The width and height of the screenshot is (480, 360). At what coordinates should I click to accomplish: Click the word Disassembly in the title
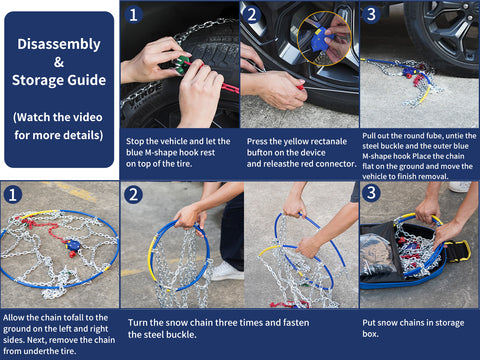coord(59,45)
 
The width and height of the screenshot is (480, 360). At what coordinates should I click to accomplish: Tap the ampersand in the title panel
coord(59,62)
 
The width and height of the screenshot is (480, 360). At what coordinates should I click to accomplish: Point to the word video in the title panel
coord(86,117)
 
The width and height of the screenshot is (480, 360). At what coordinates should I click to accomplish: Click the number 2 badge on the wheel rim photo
coord(252,14)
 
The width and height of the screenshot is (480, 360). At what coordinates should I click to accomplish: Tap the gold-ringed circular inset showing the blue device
coord(324,38)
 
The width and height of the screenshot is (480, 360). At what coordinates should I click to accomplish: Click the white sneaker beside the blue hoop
coord(227,272)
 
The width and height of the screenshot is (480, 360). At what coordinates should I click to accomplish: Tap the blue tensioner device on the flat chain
coord(72,246)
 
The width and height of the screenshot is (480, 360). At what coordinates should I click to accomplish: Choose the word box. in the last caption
coord(370,334)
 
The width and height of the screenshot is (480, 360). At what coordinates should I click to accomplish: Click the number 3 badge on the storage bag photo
coord(371,193)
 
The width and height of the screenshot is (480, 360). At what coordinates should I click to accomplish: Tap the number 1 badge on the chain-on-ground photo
coord(13,194)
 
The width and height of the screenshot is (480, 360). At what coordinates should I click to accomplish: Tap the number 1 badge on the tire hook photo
coord(133,15)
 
